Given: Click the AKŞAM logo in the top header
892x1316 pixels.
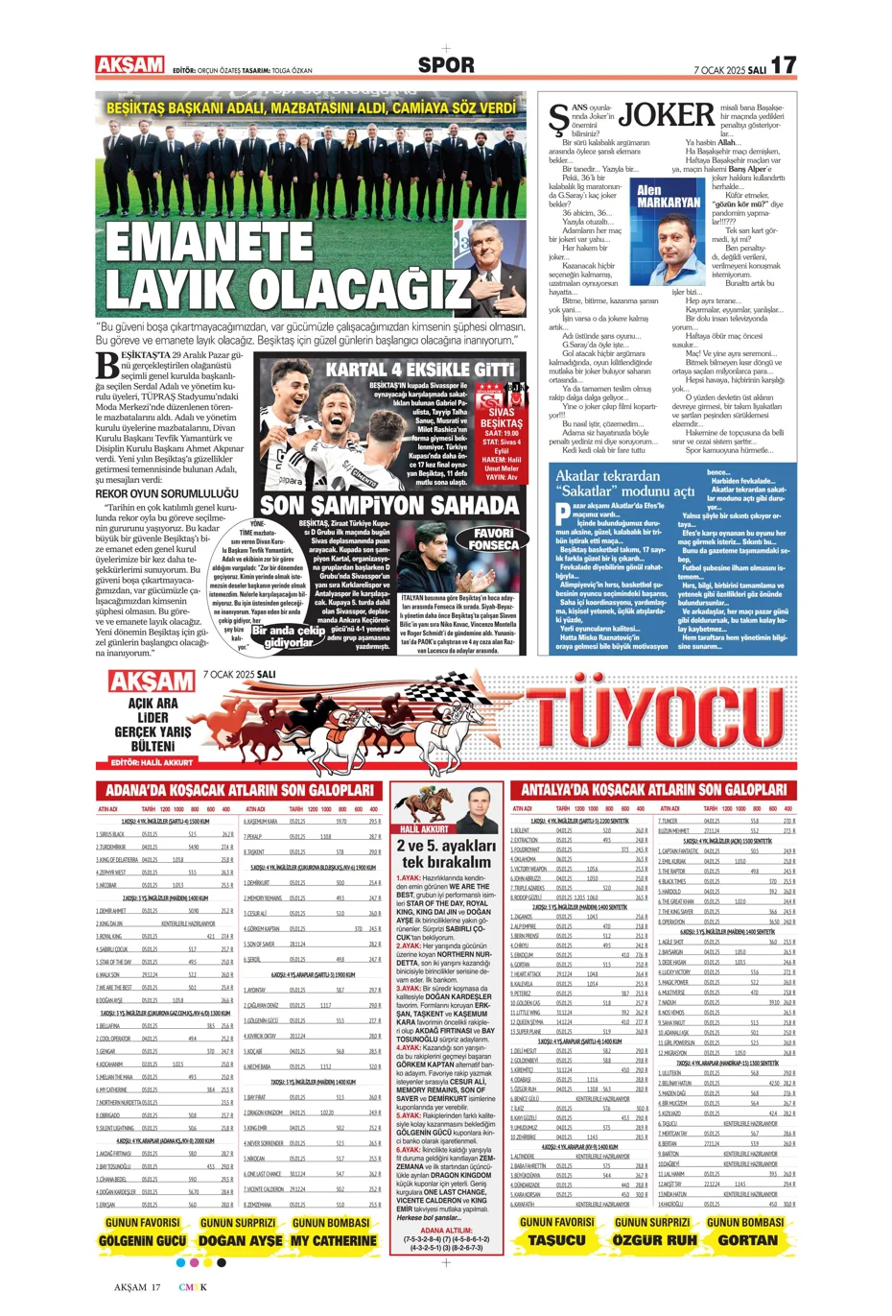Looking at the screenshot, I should (129, 64).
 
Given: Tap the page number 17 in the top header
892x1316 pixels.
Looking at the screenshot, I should (783, 65).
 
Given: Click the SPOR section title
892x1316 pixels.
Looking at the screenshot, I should (446, 65).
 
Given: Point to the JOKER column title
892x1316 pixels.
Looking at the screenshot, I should (667, 115).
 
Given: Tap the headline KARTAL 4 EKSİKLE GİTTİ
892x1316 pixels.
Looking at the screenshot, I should (420, 370).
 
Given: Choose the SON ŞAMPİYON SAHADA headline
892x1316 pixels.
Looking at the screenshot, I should (389, 505).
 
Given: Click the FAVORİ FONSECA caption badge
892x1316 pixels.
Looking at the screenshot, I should (493, 538).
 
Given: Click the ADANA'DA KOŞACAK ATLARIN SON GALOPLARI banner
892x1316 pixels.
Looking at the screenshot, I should (239, 790).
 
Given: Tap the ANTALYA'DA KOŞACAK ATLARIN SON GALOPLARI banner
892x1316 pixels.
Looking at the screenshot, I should (653, 790).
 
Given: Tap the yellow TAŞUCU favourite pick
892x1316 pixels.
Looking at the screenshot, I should (556, 1240).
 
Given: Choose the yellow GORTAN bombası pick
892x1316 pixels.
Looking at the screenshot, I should (747, 1240).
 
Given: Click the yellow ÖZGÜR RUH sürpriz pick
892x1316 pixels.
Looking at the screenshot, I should (653, 1240).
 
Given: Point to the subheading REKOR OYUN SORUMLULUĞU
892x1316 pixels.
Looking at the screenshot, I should (166, 493).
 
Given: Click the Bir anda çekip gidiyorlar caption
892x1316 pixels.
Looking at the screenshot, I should (288, 636).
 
